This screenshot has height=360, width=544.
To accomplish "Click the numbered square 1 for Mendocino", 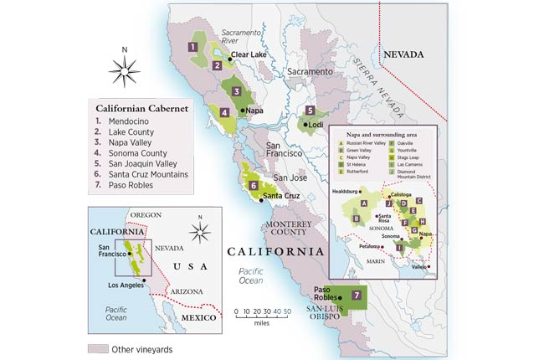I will point(192,48).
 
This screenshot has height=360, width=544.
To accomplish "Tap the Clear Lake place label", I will point(247,54).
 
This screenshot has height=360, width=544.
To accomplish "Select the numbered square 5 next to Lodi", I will point(310,111).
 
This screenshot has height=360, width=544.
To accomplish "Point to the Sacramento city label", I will point(310,72).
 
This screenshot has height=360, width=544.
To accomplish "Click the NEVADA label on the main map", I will point(405,54).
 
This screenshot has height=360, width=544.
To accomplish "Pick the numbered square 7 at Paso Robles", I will point(357,295).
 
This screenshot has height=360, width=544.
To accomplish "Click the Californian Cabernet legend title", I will point(141,107).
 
